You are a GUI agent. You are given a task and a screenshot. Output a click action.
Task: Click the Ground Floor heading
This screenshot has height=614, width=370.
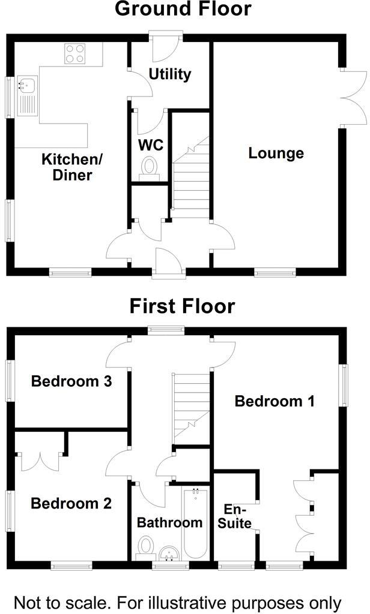pos(183,10)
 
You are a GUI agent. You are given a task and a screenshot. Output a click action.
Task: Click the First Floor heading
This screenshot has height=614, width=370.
pos(183,306)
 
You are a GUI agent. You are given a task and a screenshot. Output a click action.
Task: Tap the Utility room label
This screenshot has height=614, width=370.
pos(170,74)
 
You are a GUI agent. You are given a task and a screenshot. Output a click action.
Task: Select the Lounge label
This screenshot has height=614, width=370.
pos(276,153)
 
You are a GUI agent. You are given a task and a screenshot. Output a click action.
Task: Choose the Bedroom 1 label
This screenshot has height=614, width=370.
pos(274,401)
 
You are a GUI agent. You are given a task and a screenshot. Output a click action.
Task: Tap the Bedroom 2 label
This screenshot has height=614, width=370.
pos(71,503)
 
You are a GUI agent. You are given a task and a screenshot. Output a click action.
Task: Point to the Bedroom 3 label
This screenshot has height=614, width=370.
pos(71,381)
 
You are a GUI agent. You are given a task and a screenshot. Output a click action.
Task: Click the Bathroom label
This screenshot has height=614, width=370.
pos(169,522)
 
